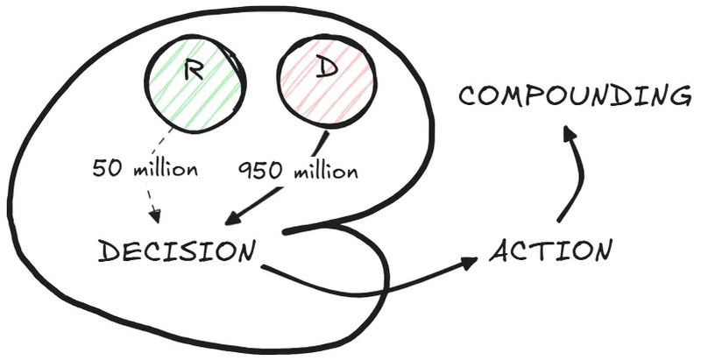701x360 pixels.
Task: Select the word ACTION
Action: pos(549,251)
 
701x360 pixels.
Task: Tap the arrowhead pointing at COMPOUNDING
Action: pos(569,133)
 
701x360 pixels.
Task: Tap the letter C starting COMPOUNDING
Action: pos(467,95)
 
